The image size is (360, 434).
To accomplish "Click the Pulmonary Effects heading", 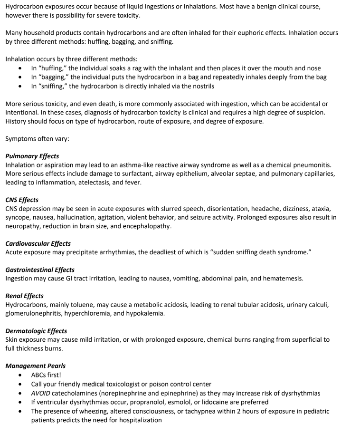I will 32,156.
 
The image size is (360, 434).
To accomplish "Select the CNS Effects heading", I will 22,200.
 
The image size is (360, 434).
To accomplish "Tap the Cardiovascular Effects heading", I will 38,243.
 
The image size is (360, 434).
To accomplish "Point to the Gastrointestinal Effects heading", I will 40,270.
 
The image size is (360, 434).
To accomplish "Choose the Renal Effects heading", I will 24,296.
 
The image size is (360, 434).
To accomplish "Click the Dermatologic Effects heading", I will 36,331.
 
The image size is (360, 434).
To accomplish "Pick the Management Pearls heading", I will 36,366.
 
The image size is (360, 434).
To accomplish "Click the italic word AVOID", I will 40,393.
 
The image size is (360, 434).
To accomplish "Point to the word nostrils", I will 201,86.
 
